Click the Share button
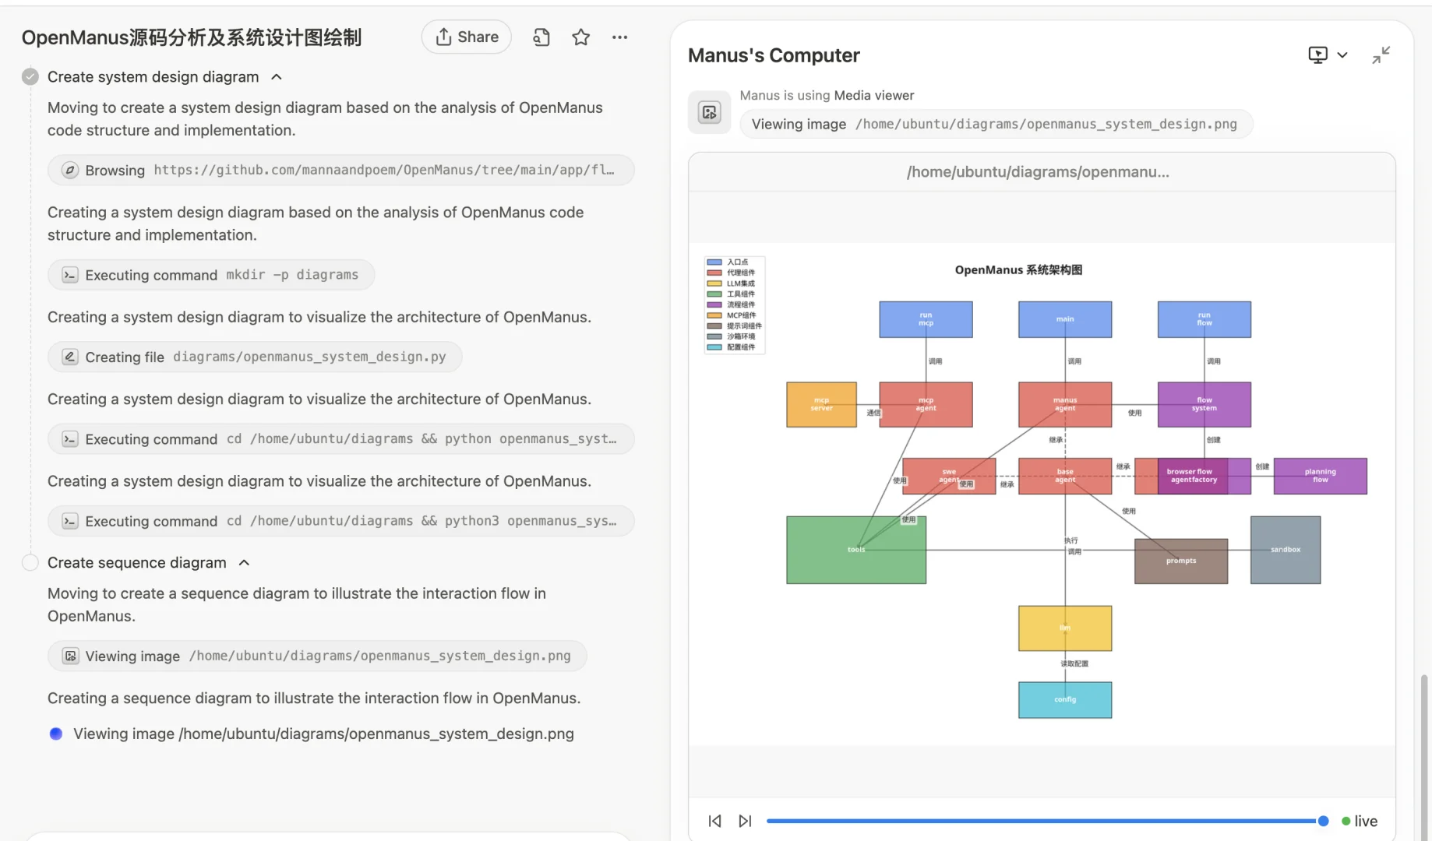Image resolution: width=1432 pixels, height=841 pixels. click(467, 37)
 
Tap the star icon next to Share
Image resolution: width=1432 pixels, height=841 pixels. click(580, 37)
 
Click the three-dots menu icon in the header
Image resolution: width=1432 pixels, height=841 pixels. click(619, 37)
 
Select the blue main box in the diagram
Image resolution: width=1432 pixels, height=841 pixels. click(1064, 319)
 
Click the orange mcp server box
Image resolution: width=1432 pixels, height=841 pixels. click(821, 404)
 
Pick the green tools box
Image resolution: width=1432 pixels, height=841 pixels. click(855, 550)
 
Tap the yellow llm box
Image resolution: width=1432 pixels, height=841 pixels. click(1064, 628)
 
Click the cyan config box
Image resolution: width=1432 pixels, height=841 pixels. click(1064, 699)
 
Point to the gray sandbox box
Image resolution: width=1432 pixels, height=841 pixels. click(1285, 550)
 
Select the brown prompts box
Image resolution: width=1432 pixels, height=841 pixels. click(1180, 561)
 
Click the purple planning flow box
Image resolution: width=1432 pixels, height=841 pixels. click(1320, 476)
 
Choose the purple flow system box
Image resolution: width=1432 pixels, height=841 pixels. click(1204, 404)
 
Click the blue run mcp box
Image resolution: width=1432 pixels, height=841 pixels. click(926, 319)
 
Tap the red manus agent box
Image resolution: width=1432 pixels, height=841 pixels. click(1064, 404)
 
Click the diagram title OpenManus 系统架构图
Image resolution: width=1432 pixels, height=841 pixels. click(1018, 270)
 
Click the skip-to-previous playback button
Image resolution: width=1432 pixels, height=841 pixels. click(714, 821)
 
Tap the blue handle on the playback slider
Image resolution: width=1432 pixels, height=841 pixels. click(1323, 821)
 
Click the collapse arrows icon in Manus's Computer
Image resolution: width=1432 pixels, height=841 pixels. click(1381, 55)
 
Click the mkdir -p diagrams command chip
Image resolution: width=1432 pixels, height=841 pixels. click(211, 275)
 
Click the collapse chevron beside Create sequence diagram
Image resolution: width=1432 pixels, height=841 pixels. click(244, 562)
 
